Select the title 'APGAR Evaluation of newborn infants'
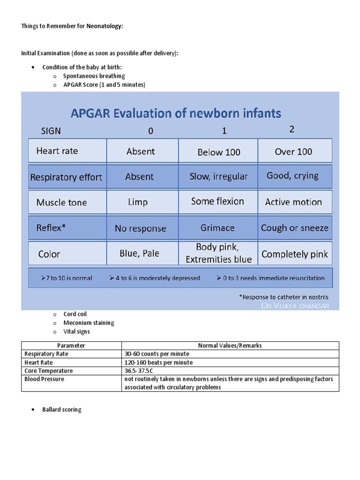click(x=176, y=113)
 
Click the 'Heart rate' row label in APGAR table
click(x=57, y=151)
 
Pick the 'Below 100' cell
click(x=218, y=152)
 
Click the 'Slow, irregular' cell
click(x=218, y=177)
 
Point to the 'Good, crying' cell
click(x=292, y=176)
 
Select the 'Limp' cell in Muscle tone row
click(x=137, y=202)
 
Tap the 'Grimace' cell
click(x=217, y=228)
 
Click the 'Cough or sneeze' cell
click(x=294, y=228)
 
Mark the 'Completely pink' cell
click(x=294, y=254)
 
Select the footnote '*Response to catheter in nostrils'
click(x=284, y=297)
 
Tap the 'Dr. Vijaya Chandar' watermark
click(x=295, y=306)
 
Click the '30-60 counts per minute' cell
click(x=157, y=354)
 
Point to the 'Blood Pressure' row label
click(x=44, y=379)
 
